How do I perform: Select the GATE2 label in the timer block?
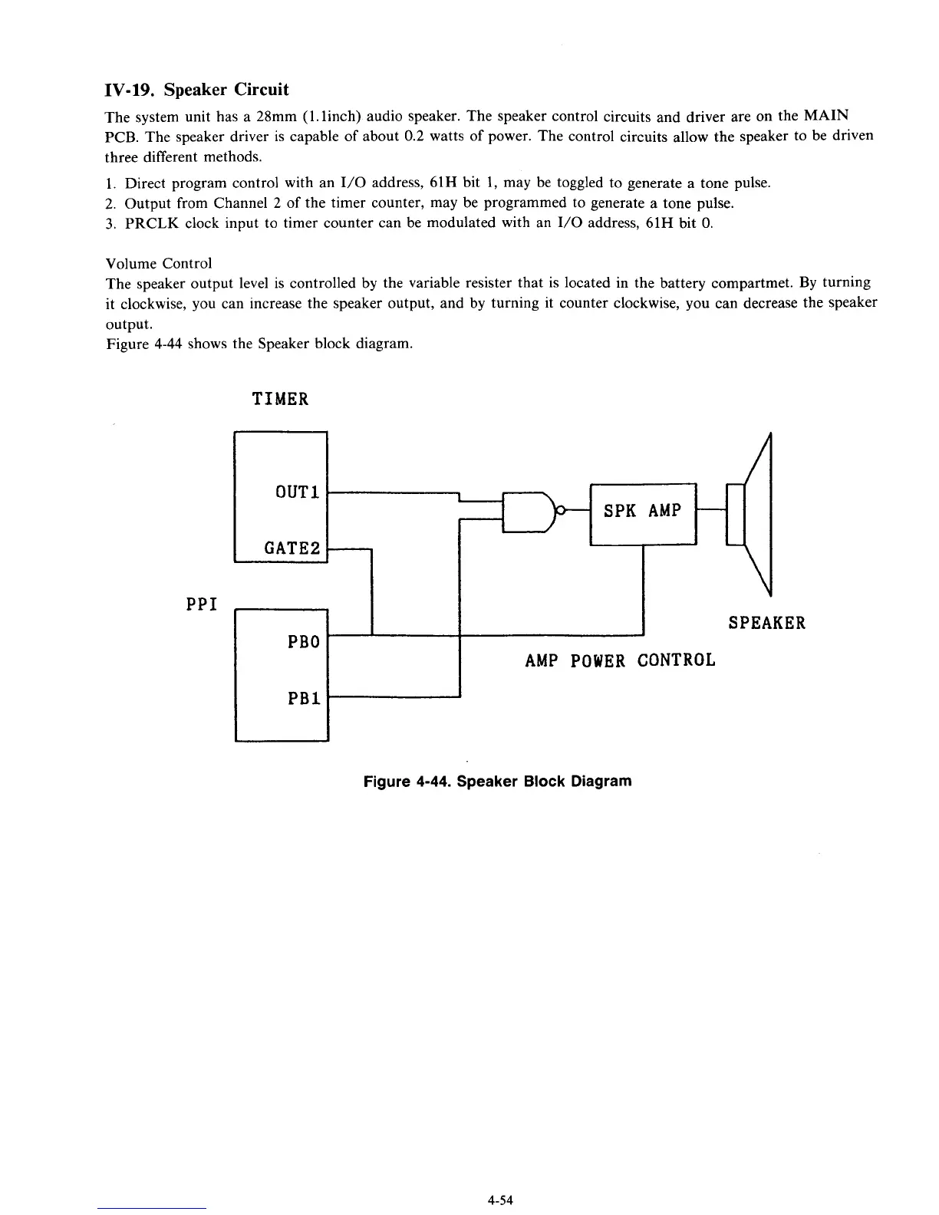tap(292, 548)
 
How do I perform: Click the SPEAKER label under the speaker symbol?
tap(766, 623)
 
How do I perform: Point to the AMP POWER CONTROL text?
tap(620, 660)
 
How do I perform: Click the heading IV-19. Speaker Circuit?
tap(196, 90)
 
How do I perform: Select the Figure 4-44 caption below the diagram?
tap(497, 782)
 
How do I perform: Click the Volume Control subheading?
tap(158, 263)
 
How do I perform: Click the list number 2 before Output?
tap(110, 203)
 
